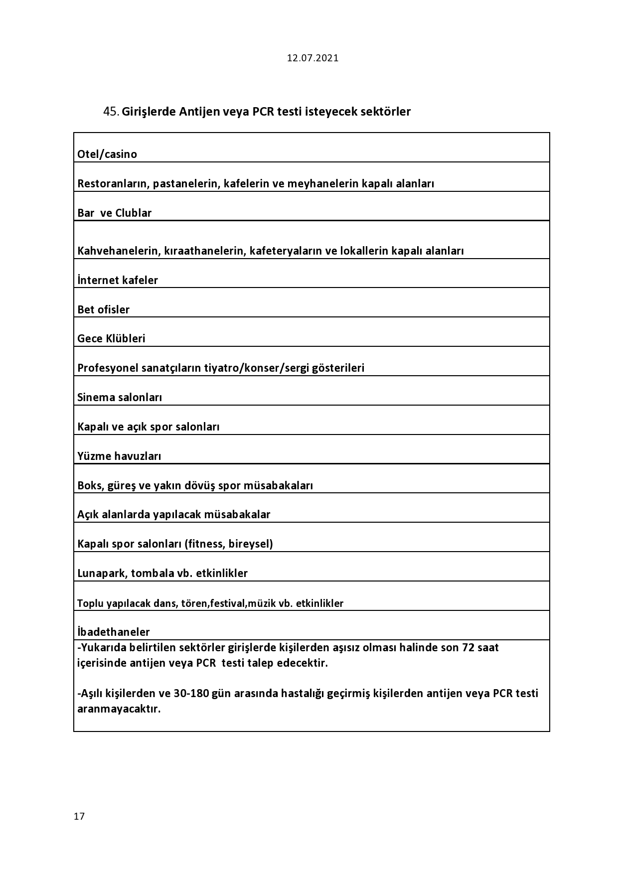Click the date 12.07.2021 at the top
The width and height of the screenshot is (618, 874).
tap(312, 58)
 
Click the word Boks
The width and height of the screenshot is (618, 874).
tap(90, 485)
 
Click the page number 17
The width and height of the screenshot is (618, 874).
tap(79, 816)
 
